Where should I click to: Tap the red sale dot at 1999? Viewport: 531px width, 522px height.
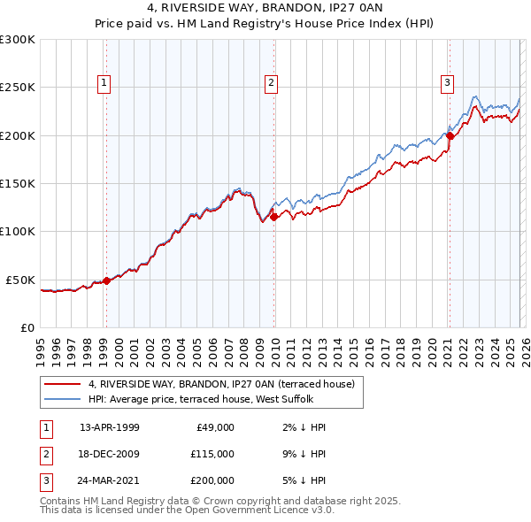[x=107, y=280]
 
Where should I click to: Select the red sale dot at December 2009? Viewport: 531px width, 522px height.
[x=274, y=217]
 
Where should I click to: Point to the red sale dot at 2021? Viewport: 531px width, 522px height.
[x=450, y=135]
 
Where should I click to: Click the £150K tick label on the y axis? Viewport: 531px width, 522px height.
[x=18, y=183]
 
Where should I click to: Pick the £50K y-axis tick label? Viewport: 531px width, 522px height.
[x=21, y=280]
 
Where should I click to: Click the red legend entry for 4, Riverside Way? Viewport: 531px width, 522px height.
[x=221, y=384]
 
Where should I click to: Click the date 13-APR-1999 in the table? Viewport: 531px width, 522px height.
[x=110, y=427]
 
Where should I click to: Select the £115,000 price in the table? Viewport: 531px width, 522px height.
[x=212, y=454]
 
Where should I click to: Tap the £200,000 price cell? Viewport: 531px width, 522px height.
[x=212, y=480]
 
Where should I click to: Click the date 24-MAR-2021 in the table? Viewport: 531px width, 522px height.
[x=110, y=480]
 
